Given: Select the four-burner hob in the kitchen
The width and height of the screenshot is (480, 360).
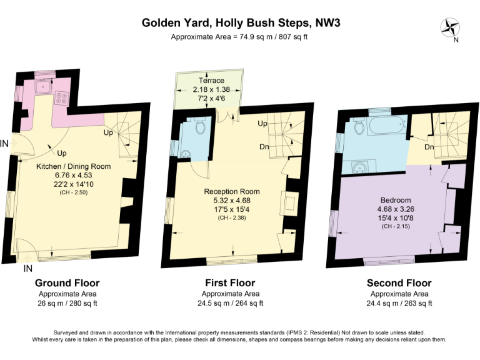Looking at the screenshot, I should click(63, 97).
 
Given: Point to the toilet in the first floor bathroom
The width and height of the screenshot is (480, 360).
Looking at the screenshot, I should click(200, 127).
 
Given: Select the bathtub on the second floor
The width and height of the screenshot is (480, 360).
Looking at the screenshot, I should click(384, 127).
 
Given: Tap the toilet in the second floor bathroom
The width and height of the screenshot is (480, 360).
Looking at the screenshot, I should click(359, 128).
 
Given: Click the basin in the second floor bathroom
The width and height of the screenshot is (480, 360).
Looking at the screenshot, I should click(359, 167).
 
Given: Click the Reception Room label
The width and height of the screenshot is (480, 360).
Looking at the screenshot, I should click(232, 191).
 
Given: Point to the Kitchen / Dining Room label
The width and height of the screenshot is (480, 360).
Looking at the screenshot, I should click(73, 166).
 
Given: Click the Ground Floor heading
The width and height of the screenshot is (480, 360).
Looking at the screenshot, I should click(67, 283).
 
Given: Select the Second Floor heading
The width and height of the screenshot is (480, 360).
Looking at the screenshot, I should click(399, 283).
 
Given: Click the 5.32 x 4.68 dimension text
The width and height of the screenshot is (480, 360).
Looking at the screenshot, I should click(232, 200).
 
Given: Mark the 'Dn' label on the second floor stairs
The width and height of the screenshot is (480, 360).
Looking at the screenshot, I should click(429, 147).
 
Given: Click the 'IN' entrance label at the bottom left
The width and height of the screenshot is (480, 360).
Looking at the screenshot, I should click(27, 269).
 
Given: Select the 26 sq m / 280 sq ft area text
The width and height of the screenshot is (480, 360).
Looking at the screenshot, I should click(67, 304).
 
